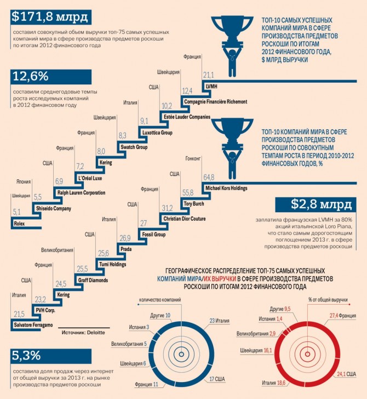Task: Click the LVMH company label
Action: [x=211, y=87]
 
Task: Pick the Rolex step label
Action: [x=20, y=224]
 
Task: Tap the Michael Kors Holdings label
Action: [x=225, y=188]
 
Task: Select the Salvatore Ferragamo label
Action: [x=33, y=326]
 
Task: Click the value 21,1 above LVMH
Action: [x=208, y=75]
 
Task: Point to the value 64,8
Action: [x=209, y=177]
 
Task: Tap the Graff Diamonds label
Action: [x=91, y=280]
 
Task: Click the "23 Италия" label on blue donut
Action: [x=219, y=320]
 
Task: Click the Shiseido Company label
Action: [x=53, y=208]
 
